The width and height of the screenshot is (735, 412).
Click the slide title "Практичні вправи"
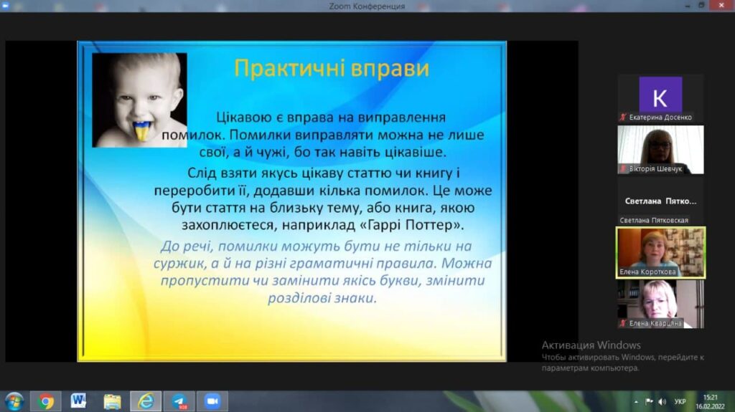click(x=332, y=68)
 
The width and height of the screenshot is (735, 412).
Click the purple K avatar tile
click(x=660, y=95)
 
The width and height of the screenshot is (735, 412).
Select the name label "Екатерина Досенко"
click(x=660, y=118)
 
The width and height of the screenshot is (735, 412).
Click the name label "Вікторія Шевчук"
click(x=655, y=168)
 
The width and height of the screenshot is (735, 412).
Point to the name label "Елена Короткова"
click(x=647, y=272)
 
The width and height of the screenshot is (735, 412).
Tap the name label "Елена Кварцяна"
click(x=655, y=323)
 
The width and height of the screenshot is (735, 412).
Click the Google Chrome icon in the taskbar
click(x=45, y=401)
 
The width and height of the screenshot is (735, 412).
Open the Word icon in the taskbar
click(x=78, y=401)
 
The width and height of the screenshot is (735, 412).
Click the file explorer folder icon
click(x=112, y=401)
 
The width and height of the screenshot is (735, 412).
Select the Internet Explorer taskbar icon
click(x=146, y=401)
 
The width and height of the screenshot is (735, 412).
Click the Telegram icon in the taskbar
click(x=179, y=401)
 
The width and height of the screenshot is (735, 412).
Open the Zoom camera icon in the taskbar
click(x=212, y=401)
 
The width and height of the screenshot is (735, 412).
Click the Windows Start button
click(x=14, y=402)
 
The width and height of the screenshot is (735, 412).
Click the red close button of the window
click(x=721, y=5)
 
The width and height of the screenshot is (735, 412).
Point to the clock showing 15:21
click(x=710, y=398)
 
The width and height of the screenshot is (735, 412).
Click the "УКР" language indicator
click(x=680, y=402)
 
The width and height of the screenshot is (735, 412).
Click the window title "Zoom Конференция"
click(x=367, y=6)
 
